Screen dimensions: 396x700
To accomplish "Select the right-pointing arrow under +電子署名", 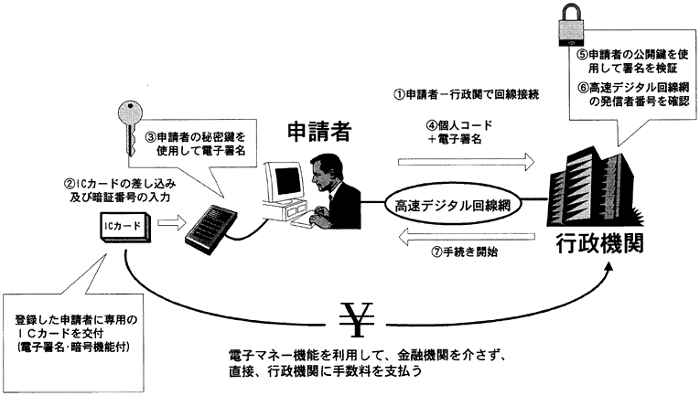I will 466,162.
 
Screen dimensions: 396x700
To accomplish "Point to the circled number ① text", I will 400,94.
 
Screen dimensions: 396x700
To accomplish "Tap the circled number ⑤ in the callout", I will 582,55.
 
